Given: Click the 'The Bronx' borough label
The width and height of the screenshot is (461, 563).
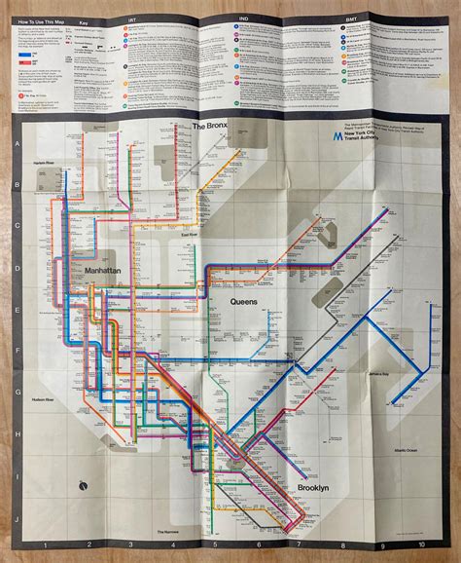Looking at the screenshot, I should click(x=211, y=127).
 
